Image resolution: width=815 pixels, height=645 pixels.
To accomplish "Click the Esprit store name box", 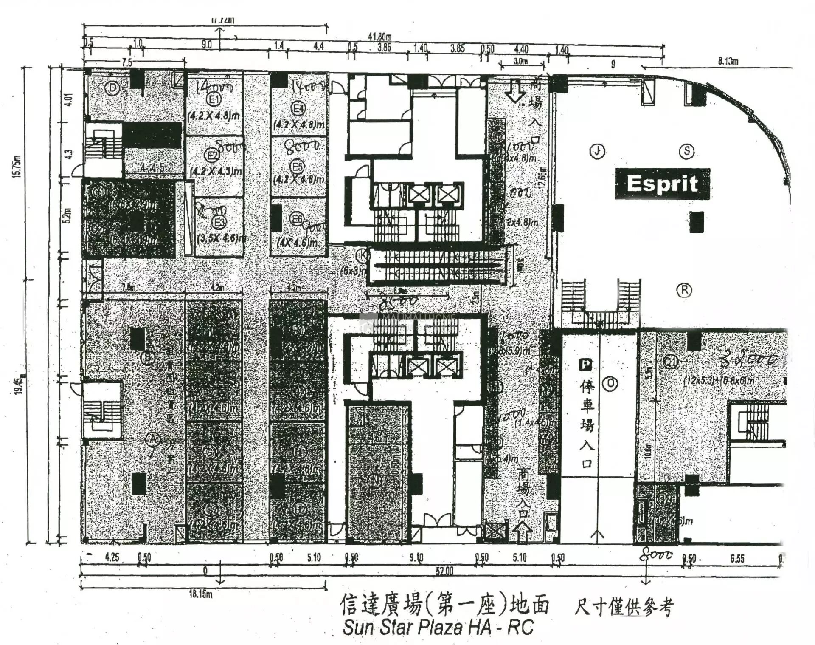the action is [x=662, y=184].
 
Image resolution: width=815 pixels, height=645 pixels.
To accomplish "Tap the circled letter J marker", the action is [x=597, y=151].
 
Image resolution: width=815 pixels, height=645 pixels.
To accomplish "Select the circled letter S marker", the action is [x=687, y=151].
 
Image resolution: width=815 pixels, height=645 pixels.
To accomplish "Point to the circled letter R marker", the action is [x=684, y=290].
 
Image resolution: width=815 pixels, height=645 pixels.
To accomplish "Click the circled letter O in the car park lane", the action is [x=610, y=383].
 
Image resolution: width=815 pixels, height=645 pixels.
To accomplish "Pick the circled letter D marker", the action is [x=112, y=88].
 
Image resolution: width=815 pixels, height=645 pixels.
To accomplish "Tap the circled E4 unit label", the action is [x=298, y=108].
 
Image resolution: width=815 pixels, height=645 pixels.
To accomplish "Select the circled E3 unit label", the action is [x=219, y=222].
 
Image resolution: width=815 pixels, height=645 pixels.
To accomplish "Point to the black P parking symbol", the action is [x=585, y=365].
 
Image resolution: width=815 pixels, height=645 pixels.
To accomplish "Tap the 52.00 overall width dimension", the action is [x=444, y=571].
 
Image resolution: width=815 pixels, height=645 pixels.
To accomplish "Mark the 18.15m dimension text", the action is [x=200, y=594].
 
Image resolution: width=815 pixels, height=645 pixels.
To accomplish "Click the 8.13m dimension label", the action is [x=728, y=61].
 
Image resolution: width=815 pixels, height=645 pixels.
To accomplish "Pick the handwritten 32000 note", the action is [x=749, y=360].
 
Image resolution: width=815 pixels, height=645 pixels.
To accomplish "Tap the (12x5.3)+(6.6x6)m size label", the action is [x=719, y=380].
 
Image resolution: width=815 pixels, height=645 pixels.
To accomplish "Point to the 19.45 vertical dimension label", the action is [x=18, y=385].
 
